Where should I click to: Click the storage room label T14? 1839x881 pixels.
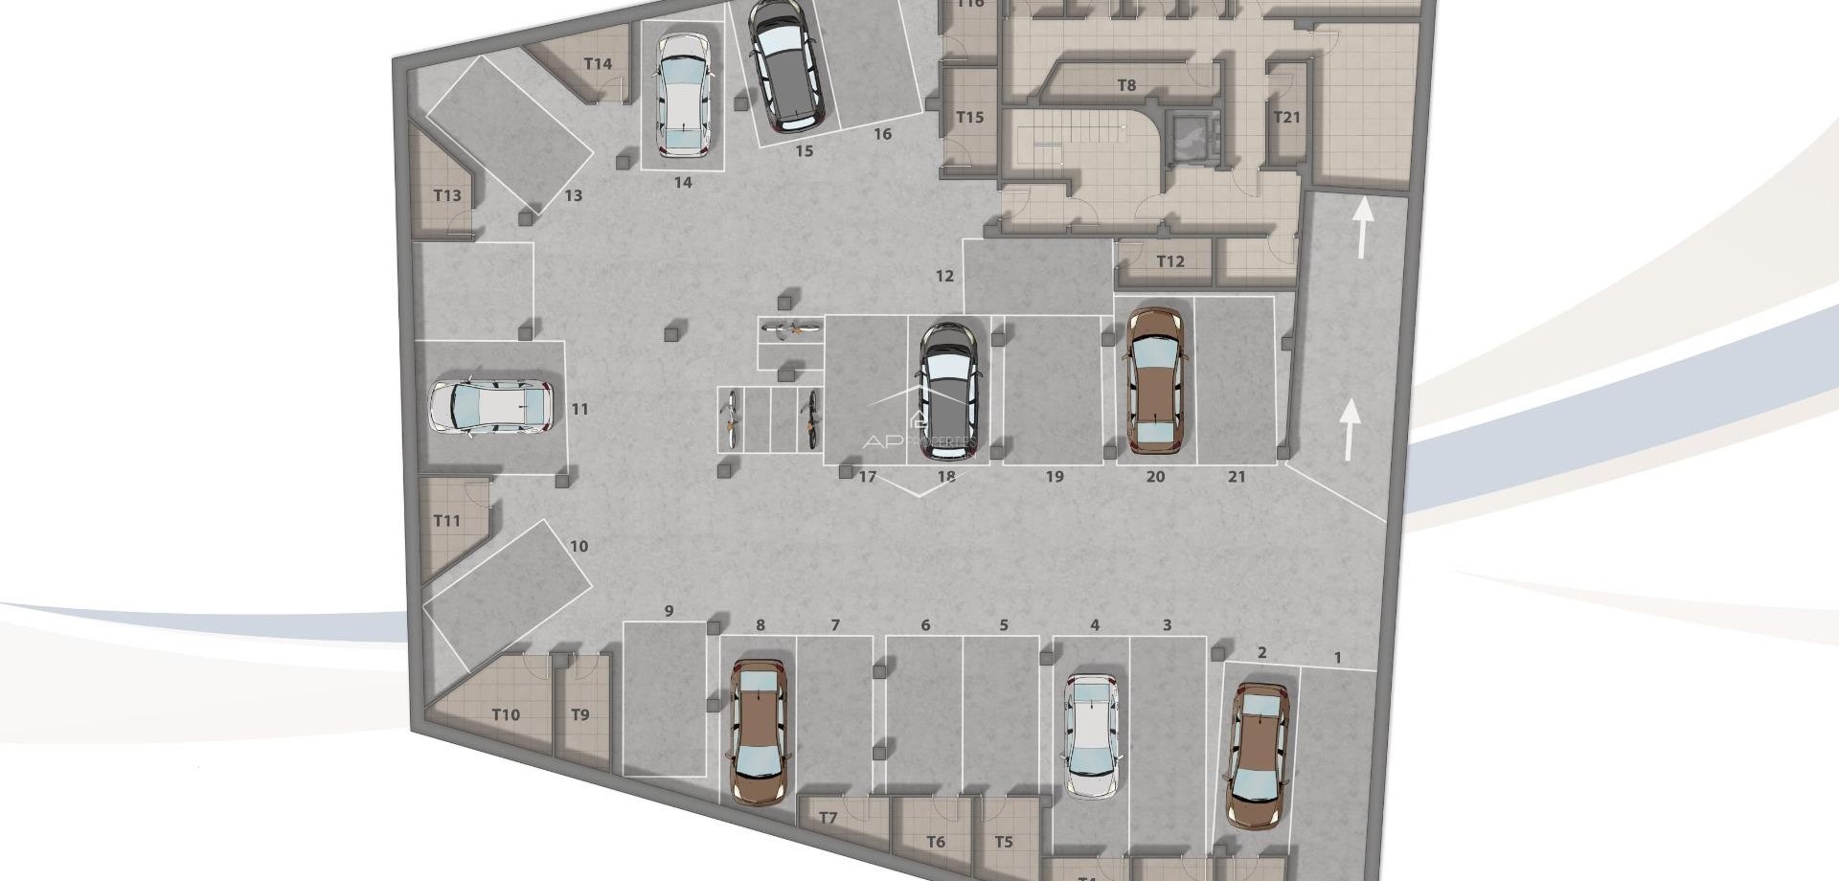coord(598,64)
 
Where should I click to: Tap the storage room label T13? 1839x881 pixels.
coord(447,195)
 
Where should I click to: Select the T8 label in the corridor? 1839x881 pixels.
coord(1126,85)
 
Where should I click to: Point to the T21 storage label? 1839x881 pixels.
coord(1287,117)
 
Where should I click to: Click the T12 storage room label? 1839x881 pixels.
coord(1170,261)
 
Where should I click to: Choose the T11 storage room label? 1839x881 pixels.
coord(447,521)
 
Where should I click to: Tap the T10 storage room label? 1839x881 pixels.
coord(506,714)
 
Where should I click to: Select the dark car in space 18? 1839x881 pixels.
coord(946,391)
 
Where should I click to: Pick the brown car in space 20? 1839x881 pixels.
coord(1156,380)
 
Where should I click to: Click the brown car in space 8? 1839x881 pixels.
coord(761,730)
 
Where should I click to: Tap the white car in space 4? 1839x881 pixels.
coord(1093,735)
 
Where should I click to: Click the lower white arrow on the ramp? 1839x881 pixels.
coord(1350,428)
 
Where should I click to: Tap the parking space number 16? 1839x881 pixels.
coord(882,134)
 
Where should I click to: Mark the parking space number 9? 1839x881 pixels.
coord(669,611)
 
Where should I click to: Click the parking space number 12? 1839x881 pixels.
coord(944,276)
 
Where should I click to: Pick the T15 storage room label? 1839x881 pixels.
coord(969,117)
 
